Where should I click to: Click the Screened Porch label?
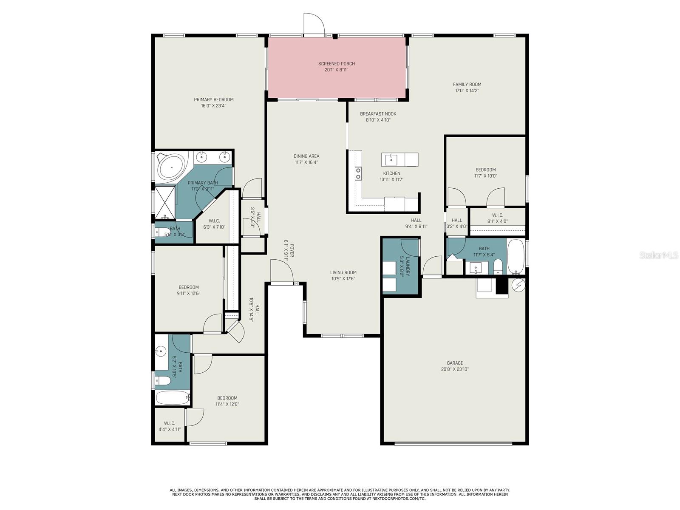[x=337, y=64]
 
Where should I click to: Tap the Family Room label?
[x=467, y=85]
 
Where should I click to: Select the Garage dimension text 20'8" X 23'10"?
[x=454, y=369]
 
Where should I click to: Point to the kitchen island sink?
[x=392, y=160]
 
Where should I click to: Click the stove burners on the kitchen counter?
[x=358, y=173]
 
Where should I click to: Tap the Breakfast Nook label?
[x=378, y=114]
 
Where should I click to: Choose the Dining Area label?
[x=306, y=156]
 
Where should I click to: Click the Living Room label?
[x=343, y=272]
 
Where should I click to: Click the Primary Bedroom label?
[x=214, y=100]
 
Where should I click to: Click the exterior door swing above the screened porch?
[x=314, y=23]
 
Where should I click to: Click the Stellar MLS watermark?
[x=658, y=255]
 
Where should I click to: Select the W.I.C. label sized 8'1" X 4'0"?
[x=498, y=215]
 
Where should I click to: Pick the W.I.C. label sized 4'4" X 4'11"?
[x=170, y=423]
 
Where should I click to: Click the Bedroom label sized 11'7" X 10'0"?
[x=485, y=170]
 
